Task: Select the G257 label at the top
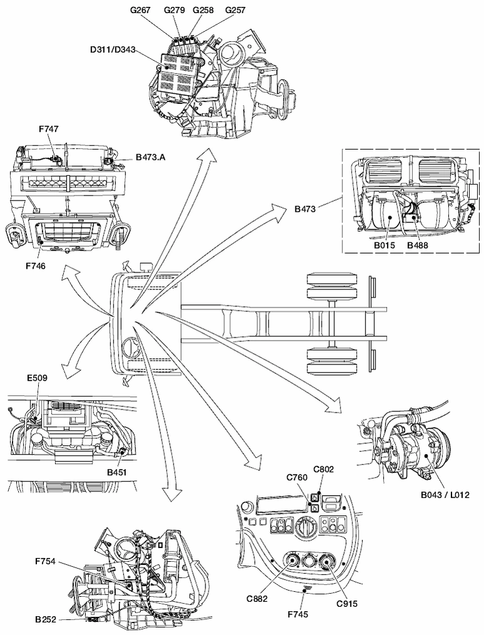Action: click(x=235, y=10)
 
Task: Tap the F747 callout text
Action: click(x=48, y=128)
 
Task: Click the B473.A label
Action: click(x=150, y=158)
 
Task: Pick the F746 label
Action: click(x=36, y=266)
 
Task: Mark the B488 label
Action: click(x=417, y=246)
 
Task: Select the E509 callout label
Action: click(x=37, y=378)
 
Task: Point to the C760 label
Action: click(x=297, y=478)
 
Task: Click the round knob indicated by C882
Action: click(x=292, y=562)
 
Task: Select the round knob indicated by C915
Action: click(x=327, y=562)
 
